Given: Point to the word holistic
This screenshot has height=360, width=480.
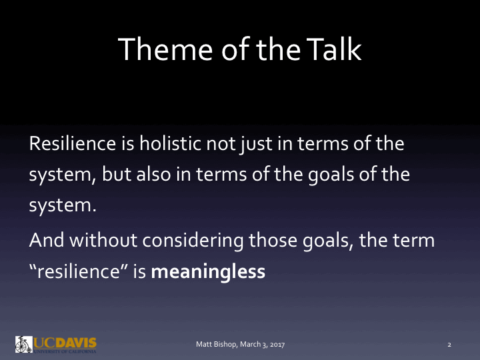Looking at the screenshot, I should pyautogui.click(x=171, y=144).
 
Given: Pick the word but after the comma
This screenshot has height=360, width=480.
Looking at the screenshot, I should pyautogui.click(x=116, y=175).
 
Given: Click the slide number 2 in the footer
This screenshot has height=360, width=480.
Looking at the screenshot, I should pyautogui.click(x=449, y=345).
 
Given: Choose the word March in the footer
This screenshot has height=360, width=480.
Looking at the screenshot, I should pyautogui.click(x=244, y=345).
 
